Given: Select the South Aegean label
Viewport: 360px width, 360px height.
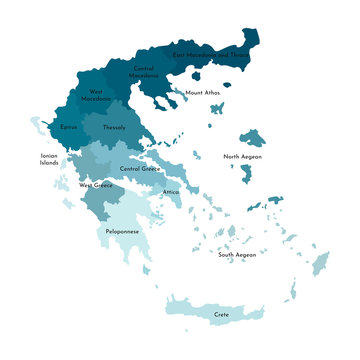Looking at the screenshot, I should point(238,255).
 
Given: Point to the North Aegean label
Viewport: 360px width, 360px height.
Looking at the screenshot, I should point(242,157).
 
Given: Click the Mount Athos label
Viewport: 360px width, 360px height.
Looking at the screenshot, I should point(203,93).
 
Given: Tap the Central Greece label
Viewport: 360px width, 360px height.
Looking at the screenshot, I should point(140,169).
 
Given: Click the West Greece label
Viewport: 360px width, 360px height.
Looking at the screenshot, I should point(96,185).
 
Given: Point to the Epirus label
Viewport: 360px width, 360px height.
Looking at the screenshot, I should point(68,127).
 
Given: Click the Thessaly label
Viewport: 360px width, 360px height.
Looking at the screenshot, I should point(114,127).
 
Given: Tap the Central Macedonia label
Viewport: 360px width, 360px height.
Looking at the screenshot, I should point(144,71).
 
